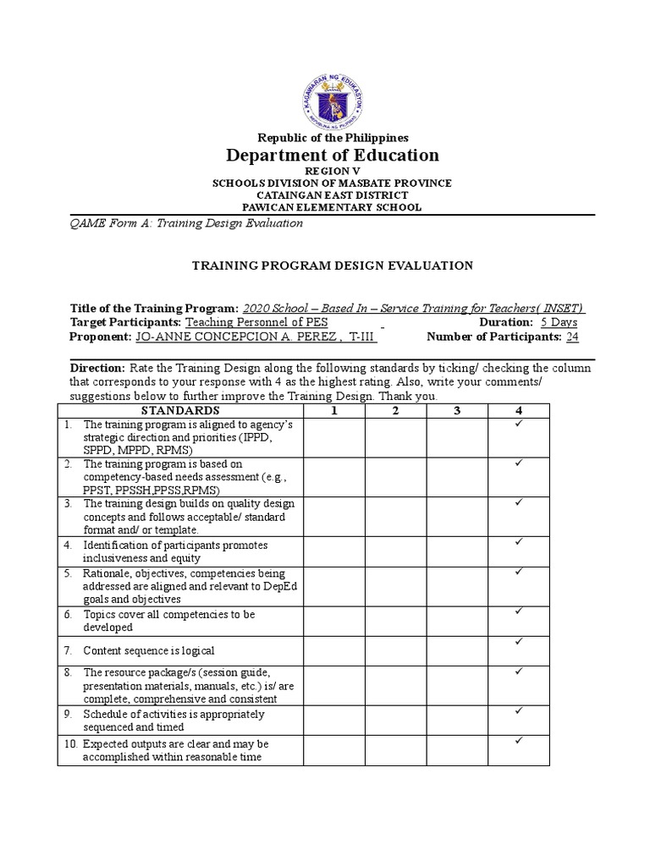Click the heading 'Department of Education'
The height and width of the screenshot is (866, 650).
[x=332, y=155]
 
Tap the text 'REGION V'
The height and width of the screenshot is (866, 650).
[x=332, y=171]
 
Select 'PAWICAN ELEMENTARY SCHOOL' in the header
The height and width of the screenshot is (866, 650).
[x=332, y=207]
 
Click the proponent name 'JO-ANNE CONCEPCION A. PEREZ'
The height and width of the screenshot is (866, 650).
[x=255, y=337]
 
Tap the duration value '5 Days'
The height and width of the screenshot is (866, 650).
[x=559, y=322]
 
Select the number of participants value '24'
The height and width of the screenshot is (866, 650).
[x=572, y=337]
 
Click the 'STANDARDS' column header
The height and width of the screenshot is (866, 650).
[x=181, y=410]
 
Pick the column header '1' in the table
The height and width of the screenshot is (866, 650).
[x=334, y=410]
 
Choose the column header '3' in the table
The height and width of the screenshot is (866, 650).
[x=456, y=410]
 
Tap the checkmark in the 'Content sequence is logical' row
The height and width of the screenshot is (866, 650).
[x=518, y=643]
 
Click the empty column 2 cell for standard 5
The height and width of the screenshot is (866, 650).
[x=395, y=585]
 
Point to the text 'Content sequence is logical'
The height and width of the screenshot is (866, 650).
[x=149, y=650]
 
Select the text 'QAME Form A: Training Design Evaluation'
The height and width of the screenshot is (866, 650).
[x=185, y=223]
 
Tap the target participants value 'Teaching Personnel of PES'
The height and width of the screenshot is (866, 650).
[x=256, y=322]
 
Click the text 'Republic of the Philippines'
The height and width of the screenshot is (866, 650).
[x=332, y=137]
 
